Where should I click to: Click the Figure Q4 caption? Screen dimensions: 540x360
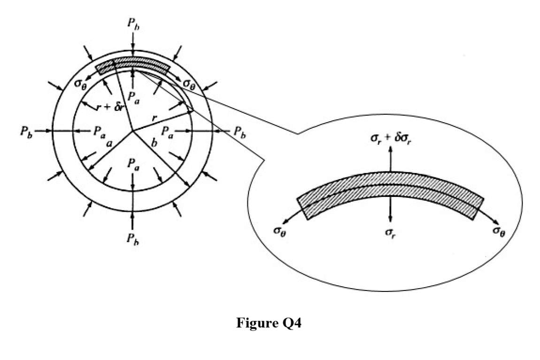point(269,323)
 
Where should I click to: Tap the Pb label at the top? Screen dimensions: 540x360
point(133,24)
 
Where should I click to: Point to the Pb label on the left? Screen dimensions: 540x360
point(26,132)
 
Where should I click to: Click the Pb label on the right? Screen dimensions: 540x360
point(239,132)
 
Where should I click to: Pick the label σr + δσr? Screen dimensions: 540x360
point(391,139)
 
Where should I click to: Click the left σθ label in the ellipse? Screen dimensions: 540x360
point(279,230)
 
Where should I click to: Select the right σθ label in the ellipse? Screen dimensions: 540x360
point(499,230)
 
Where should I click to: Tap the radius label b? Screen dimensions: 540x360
point(154,141)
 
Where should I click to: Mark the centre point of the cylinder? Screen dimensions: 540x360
point(132,131)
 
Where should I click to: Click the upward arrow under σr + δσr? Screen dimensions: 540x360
point(390,159)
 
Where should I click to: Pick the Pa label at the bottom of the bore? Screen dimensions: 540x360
point(133,164)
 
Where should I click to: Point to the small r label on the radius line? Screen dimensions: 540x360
point(155,118)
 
